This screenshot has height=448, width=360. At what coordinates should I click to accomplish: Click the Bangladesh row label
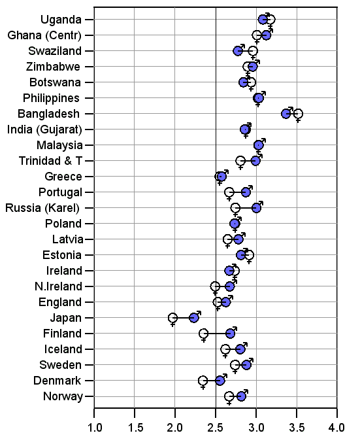(x=48, y=114)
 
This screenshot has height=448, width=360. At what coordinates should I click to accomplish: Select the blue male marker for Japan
(x=194, y=318)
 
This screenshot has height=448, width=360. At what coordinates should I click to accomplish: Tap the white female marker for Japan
(x=172, y=318)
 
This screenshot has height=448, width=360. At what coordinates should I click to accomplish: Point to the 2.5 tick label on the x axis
(x=215, y=428)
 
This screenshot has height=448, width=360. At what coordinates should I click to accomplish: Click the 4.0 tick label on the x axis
(x=336, y=428)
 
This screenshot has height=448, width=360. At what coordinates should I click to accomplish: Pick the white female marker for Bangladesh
(x=298, y=114)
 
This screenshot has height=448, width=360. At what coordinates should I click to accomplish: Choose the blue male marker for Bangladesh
(x=286, y=114)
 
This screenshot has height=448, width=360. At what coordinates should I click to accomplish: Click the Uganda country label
(x=61, y=20)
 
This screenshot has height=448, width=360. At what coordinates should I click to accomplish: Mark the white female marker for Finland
(x=204, y=334)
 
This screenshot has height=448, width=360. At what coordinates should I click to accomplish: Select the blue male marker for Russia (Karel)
(x=256, y=208)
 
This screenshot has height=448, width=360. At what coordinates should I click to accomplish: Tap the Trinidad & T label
(x=50, y=161)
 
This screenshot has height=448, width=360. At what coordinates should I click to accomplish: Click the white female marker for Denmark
(x=203, y=381)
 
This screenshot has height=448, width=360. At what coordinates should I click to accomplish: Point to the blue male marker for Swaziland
(x=238, y=51)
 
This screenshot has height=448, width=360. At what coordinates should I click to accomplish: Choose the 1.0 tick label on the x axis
(x=95, y=428)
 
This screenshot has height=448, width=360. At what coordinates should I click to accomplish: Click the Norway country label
(x=63, y=396)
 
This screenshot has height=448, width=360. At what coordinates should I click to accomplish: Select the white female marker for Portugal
(x=229, y=192)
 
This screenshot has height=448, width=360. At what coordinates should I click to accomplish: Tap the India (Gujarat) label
(x=44, y=129)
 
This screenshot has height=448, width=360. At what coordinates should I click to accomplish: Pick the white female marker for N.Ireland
(x=215, y=286)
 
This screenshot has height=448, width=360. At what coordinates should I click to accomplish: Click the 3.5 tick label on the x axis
(x=297, y=428)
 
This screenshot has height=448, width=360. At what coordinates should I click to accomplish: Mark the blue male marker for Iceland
(x=240, y=349)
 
